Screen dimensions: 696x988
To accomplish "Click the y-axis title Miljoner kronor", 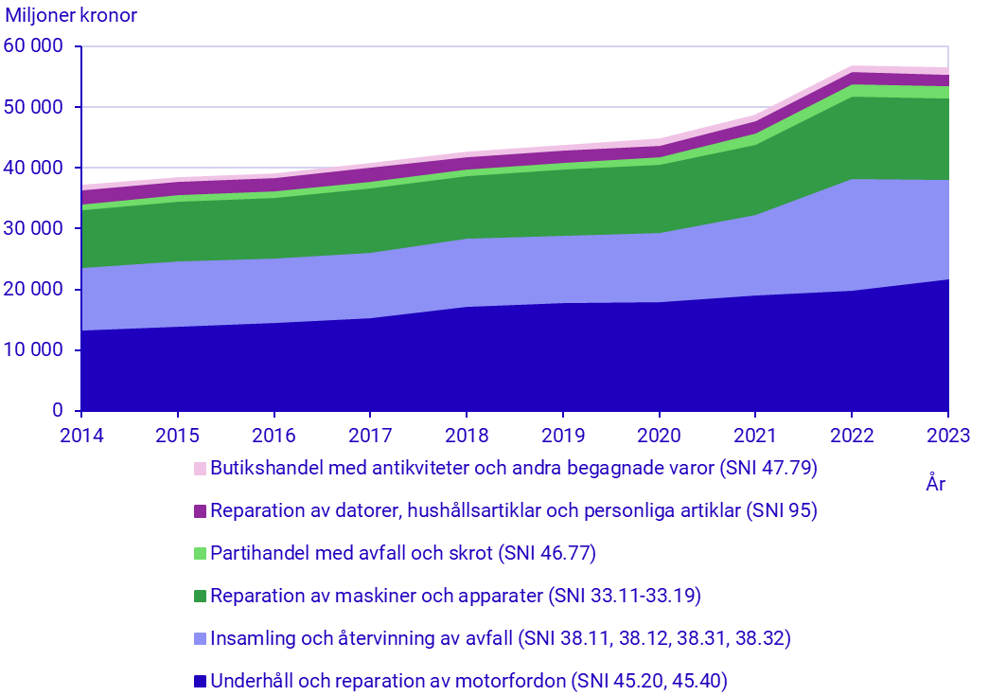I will point(71,16).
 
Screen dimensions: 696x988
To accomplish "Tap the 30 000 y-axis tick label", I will point(33,228).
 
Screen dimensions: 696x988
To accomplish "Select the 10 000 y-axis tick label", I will point(33,349).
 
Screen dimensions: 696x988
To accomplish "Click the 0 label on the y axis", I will point(58,410).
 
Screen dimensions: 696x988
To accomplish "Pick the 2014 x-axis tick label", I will point(81,437).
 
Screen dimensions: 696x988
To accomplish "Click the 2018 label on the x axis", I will point(467,437).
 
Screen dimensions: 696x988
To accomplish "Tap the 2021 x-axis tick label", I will point(755,437).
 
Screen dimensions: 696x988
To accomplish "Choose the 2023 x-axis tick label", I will point(948,437).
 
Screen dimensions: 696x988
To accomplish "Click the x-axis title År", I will point(936,485).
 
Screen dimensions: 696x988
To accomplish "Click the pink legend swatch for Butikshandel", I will point(200,469).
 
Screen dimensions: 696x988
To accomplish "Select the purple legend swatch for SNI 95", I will point(200,511).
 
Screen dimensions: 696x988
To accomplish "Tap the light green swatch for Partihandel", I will point(200,554).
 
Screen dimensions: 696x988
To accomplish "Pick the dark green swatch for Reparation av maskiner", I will point(200,597).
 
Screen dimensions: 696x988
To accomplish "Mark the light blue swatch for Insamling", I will point(200,639).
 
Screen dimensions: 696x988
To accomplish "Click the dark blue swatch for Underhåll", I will point(200,682).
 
